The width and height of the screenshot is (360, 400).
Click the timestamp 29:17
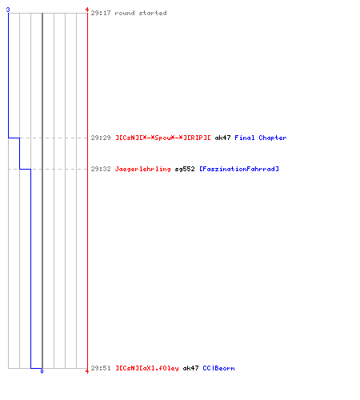tap(101, 13)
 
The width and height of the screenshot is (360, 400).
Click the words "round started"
tap(141, 13)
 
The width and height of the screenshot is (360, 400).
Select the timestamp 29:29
tap(101, 138)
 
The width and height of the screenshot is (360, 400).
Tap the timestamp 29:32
tap(101, 169)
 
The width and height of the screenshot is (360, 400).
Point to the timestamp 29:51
tap(101, 368)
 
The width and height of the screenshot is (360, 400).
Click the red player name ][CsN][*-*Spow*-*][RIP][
tap(162, 138)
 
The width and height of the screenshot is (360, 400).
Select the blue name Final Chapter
tap(261, 138)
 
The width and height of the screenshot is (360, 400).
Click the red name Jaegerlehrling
tap(142, 169)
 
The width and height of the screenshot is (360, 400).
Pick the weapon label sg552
tap(185, 169)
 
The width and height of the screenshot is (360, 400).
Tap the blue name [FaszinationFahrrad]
tap(239, 169)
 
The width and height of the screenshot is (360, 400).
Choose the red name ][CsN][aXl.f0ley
tap(147, 368)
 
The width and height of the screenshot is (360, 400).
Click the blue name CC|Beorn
tap(218, 368)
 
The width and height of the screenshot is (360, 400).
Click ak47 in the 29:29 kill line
tap(222, 138)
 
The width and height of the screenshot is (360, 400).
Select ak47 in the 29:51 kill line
tap(190, 368)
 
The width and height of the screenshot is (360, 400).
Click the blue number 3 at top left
tap(8, 10)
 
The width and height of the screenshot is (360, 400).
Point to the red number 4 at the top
tap(87, 10)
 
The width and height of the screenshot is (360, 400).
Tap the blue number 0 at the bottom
tap(42, 371)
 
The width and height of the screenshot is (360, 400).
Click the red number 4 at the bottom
tap(87, 371)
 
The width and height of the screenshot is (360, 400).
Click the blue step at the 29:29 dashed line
tap(14, 138)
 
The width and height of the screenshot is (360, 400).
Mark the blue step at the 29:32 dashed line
tap(25, 169)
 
